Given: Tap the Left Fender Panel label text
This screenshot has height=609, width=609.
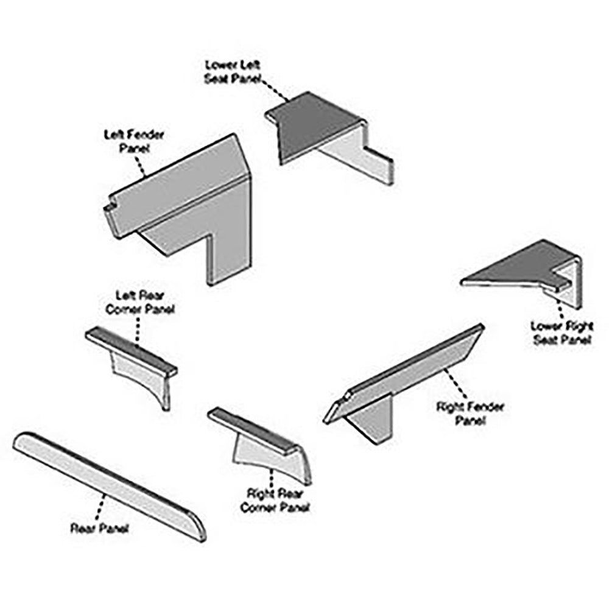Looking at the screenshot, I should click(x=134, y=141).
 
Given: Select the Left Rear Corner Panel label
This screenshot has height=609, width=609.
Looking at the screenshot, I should click(x=140, y=303).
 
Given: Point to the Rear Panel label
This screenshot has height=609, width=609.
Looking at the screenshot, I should click(x=99, y=528).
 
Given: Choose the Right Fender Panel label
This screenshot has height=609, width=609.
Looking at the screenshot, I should click(x=470, y=413).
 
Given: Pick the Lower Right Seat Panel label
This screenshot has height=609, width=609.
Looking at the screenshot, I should click(x=561, y=333).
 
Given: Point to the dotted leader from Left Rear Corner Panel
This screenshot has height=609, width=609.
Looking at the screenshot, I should click(x=138, y=332).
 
